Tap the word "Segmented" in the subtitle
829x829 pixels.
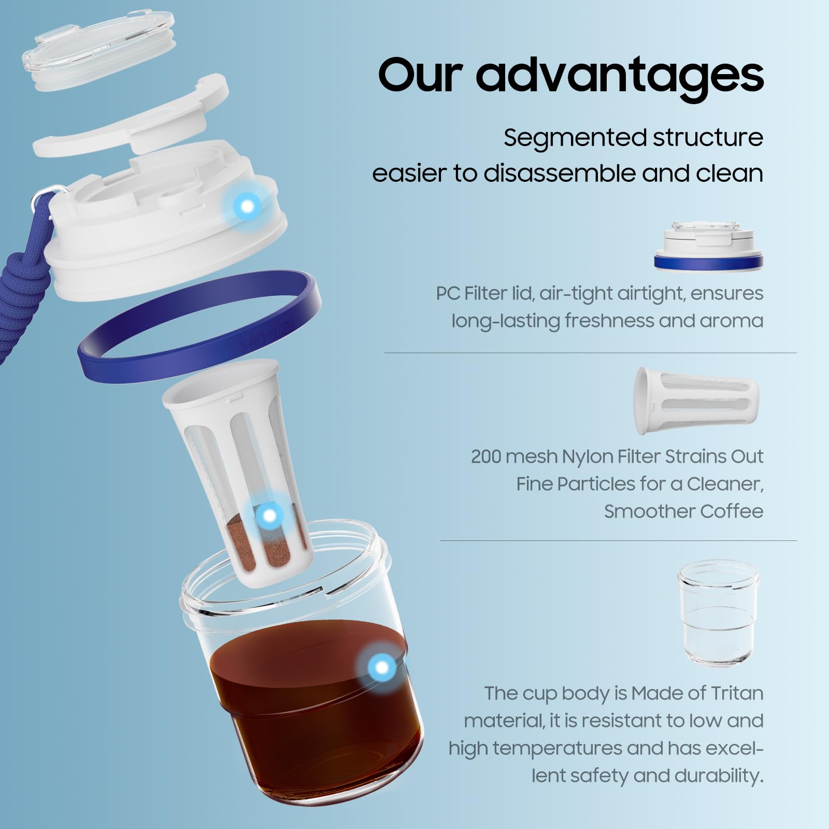[573, 138]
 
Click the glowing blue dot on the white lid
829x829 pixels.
[247, 206]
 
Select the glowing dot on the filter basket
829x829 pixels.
[269, 516]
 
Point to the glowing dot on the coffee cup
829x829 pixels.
[382, 667]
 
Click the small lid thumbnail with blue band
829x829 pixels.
[708, 247]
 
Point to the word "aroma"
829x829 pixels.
[731, 321]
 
